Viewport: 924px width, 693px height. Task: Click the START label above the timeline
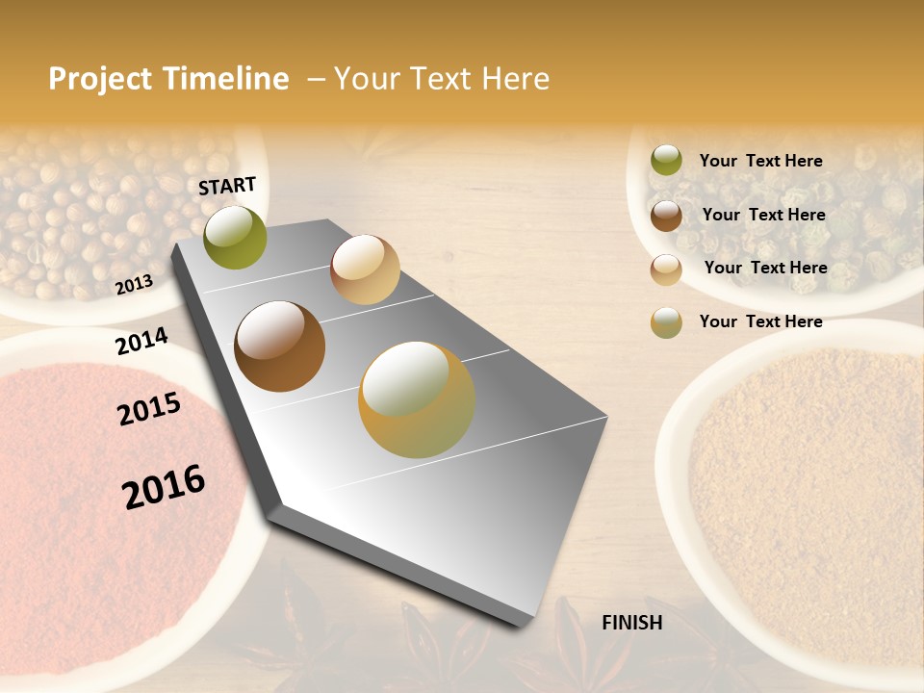227,186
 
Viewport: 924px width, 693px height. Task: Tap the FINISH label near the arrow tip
631,623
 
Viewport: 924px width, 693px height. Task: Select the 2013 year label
134,284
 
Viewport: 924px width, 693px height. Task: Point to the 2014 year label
141,342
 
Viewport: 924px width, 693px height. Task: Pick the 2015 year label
149,409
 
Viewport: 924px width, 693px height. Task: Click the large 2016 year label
164,487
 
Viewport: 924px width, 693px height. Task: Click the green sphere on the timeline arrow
236,237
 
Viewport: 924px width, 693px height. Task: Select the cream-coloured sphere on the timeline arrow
365,269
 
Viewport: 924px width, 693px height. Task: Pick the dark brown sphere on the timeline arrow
279,346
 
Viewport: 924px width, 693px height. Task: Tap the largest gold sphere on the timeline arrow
417,399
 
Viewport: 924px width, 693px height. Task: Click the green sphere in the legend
666,161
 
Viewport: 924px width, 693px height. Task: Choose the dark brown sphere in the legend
666,216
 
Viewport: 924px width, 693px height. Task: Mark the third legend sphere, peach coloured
666,269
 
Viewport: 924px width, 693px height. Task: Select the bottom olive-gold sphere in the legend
666,322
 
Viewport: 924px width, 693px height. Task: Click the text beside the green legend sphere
760,161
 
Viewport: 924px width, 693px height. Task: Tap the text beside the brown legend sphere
763,215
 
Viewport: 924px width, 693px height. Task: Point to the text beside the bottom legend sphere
760,321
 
